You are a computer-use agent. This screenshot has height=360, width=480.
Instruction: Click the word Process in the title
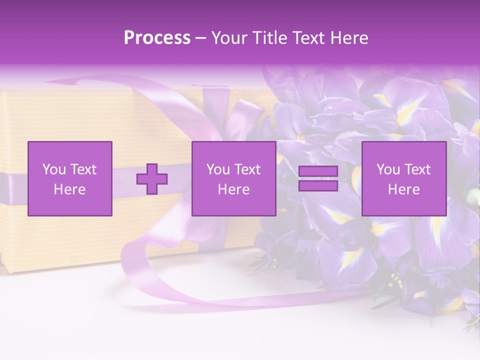tap(157, 38)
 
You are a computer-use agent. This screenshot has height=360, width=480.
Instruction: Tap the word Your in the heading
tap(229, 38)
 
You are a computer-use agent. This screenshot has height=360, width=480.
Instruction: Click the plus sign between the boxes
tap(152, 178)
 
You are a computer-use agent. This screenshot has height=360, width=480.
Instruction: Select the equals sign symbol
tap(318, 178)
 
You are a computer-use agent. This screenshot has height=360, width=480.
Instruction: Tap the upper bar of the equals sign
tap(318, 171)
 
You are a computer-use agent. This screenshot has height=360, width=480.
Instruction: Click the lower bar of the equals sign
tap(318, 186)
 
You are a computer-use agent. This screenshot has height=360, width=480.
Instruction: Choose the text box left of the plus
tap(70, 178)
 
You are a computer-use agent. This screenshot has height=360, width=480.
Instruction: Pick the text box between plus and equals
tap(233, 178)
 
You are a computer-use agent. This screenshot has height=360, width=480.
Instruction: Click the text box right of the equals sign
tap(403, 178)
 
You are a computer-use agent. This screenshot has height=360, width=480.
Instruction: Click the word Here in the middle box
tap(233, 189)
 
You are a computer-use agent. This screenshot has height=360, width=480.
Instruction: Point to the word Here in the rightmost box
tap(403, 189)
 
